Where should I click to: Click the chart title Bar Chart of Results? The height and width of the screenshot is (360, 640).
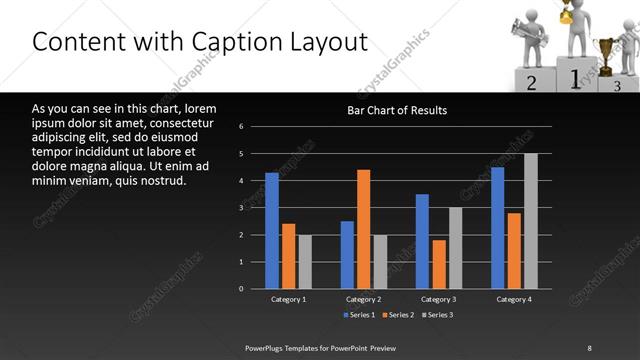[x=397, y=110]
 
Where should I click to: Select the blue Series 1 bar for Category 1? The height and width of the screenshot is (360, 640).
[x=272, y=231]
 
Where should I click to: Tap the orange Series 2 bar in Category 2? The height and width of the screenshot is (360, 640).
[x=363, y=229]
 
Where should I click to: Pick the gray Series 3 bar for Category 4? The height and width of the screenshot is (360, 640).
[x=530, y=221]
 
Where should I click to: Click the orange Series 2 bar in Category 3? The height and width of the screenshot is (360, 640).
[x=438, y=264]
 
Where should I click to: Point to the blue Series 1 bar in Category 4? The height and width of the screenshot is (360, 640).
[x=498, y=228]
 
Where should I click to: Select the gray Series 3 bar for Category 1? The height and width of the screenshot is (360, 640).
[x=305, y=262]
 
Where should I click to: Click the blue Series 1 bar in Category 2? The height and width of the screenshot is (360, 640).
[x=347, y=255]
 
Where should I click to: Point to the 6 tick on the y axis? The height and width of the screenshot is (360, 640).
[x=242, y=127]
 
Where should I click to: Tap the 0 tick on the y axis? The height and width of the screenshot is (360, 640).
[x=242, y=289]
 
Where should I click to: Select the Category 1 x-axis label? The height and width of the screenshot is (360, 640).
[x=288, y=299]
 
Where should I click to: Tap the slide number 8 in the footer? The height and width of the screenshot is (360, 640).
[x=589, y=347]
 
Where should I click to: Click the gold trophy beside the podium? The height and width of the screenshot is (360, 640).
[x=604, y=50]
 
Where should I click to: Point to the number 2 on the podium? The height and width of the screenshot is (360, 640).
[x=532, y=83]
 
